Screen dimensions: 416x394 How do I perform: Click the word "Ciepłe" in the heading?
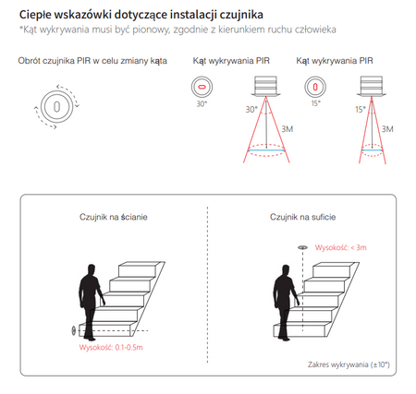click(34, 15)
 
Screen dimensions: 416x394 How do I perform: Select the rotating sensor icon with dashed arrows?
click(56, 107)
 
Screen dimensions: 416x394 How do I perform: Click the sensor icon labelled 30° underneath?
click(202, 87)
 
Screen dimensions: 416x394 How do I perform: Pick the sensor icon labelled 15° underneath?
click(315, 87)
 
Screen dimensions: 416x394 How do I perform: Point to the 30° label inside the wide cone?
click(251, 110)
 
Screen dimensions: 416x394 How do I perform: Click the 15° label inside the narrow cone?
click(361, 110)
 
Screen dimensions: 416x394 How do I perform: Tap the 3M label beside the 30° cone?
click(288, 129)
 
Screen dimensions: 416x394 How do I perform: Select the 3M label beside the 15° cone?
click(387, 129)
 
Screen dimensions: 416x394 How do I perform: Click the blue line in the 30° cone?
click(266, 150)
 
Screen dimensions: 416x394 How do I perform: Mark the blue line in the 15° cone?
click(372, 150)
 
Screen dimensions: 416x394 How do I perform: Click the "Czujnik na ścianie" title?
click(114, 217)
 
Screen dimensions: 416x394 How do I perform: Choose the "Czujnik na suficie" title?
click(302, 217)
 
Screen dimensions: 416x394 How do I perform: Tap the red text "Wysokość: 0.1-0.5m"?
click(111, 348)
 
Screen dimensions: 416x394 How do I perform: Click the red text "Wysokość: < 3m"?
click(341, 247)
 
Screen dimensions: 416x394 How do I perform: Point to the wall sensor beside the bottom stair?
click(74, 330)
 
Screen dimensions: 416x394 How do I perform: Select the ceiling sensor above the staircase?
click(302, 247)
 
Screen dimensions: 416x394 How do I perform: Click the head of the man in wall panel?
click(91, 270)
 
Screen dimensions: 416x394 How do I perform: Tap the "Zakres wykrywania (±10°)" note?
click(349, 364)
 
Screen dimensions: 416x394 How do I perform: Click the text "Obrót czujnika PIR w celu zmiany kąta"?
click(92, 61)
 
